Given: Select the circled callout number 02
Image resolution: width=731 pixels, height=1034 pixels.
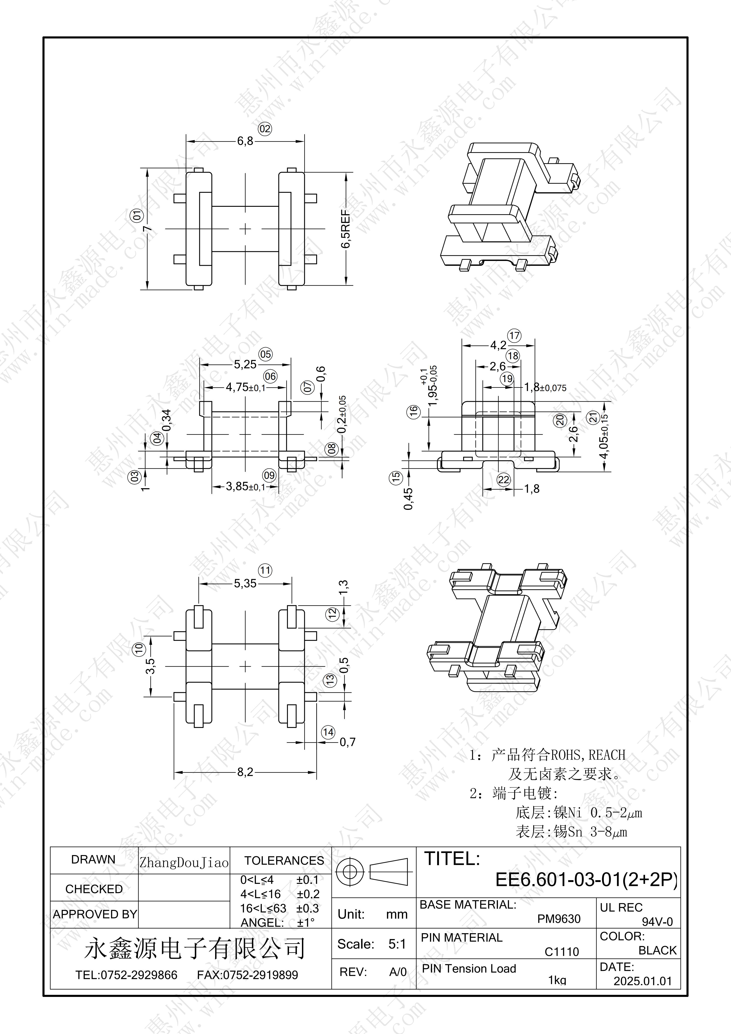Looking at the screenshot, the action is coord(265,129).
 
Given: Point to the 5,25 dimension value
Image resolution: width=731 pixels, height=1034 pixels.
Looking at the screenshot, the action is coord(245,365).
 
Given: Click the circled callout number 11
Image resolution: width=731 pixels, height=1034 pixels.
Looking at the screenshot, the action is coord(265,571).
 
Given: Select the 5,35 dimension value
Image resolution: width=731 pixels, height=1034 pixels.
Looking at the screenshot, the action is coord(245,584).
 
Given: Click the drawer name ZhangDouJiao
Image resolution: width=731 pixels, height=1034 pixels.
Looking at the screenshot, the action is coord(184,863).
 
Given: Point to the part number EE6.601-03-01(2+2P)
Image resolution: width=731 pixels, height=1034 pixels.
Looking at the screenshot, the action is coord(586,879).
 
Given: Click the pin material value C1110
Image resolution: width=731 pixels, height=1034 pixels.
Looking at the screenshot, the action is coord(562,952).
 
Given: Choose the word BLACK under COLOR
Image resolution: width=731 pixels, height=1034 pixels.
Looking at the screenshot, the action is coord(658,950).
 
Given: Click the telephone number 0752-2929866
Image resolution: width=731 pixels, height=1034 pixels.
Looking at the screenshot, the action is coord(139,975).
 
